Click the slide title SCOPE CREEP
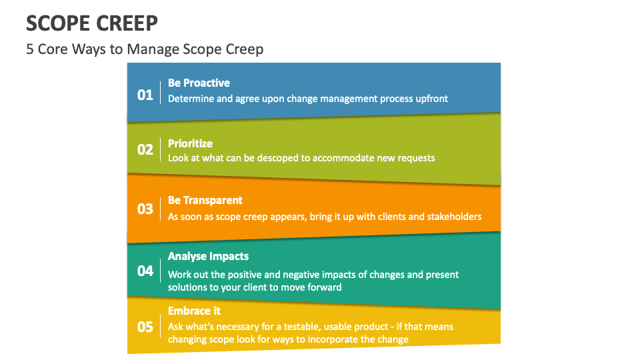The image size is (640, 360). point(92,23)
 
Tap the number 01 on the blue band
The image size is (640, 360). point(145,95)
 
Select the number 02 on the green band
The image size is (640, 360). point(145,150)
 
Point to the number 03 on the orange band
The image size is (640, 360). point(145,209)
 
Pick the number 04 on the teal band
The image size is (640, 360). point(145,271)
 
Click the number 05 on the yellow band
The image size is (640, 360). point(145,327)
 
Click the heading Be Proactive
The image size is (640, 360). point(199,83)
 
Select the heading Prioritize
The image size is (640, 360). point(190,144)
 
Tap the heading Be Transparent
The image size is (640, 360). point(205,201)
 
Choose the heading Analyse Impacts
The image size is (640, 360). point(208,256)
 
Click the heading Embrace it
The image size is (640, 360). point(194,311)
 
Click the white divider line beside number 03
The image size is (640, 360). point(161,209)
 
